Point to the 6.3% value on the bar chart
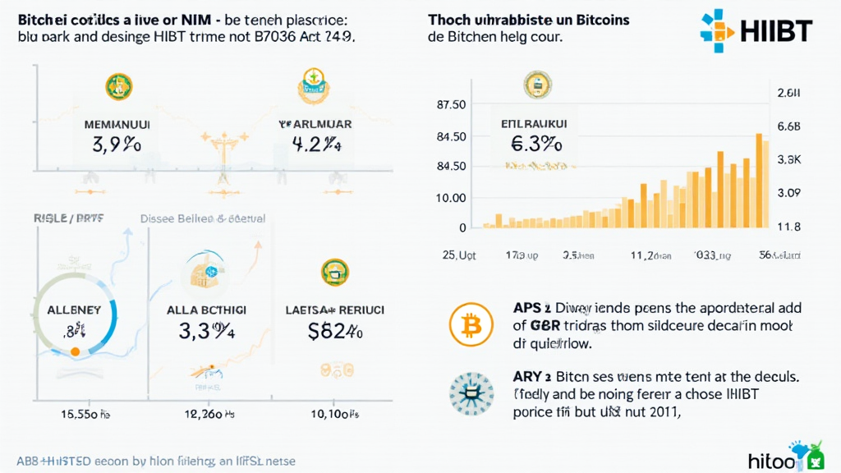pyautogui.click(x=536, y=145)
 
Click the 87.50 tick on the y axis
pyautogui.click(x=452, y=104)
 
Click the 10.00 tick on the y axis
pyautogui.click(x=452, y=198)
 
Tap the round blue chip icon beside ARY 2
pyautogui.click(x=471, y=393)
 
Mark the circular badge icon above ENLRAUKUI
pyautogui.click(x=537, y=85)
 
